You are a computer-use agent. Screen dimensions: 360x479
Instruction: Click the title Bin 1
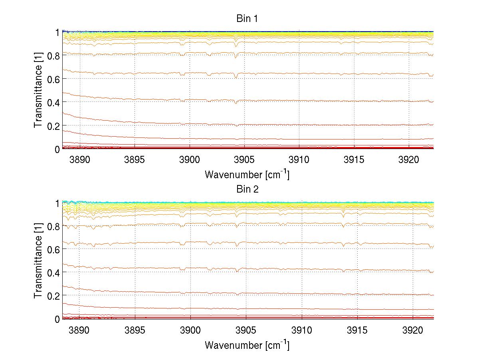(247, 19)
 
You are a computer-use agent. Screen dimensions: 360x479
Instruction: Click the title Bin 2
(247, 189)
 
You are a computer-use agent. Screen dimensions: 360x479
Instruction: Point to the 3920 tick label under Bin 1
(408, 159)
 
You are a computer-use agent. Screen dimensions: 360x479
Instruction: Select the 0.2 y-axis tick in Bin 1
(53, 125)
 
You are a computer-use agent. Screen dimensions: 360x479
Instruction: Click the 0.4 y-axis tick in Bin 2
(53, 272)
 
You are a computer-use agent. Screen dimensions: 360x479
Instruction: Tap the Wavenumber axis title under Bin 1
(247, 174)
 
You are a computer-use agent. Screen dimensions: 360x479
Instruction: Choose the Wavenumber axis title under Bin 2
(247, 344)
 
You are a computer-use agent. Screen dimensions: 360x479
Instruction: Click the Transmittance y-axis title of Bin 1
(38, 91)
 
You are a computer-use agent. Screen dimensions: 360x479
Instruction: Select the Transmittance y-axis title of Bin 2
(38, 261)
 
